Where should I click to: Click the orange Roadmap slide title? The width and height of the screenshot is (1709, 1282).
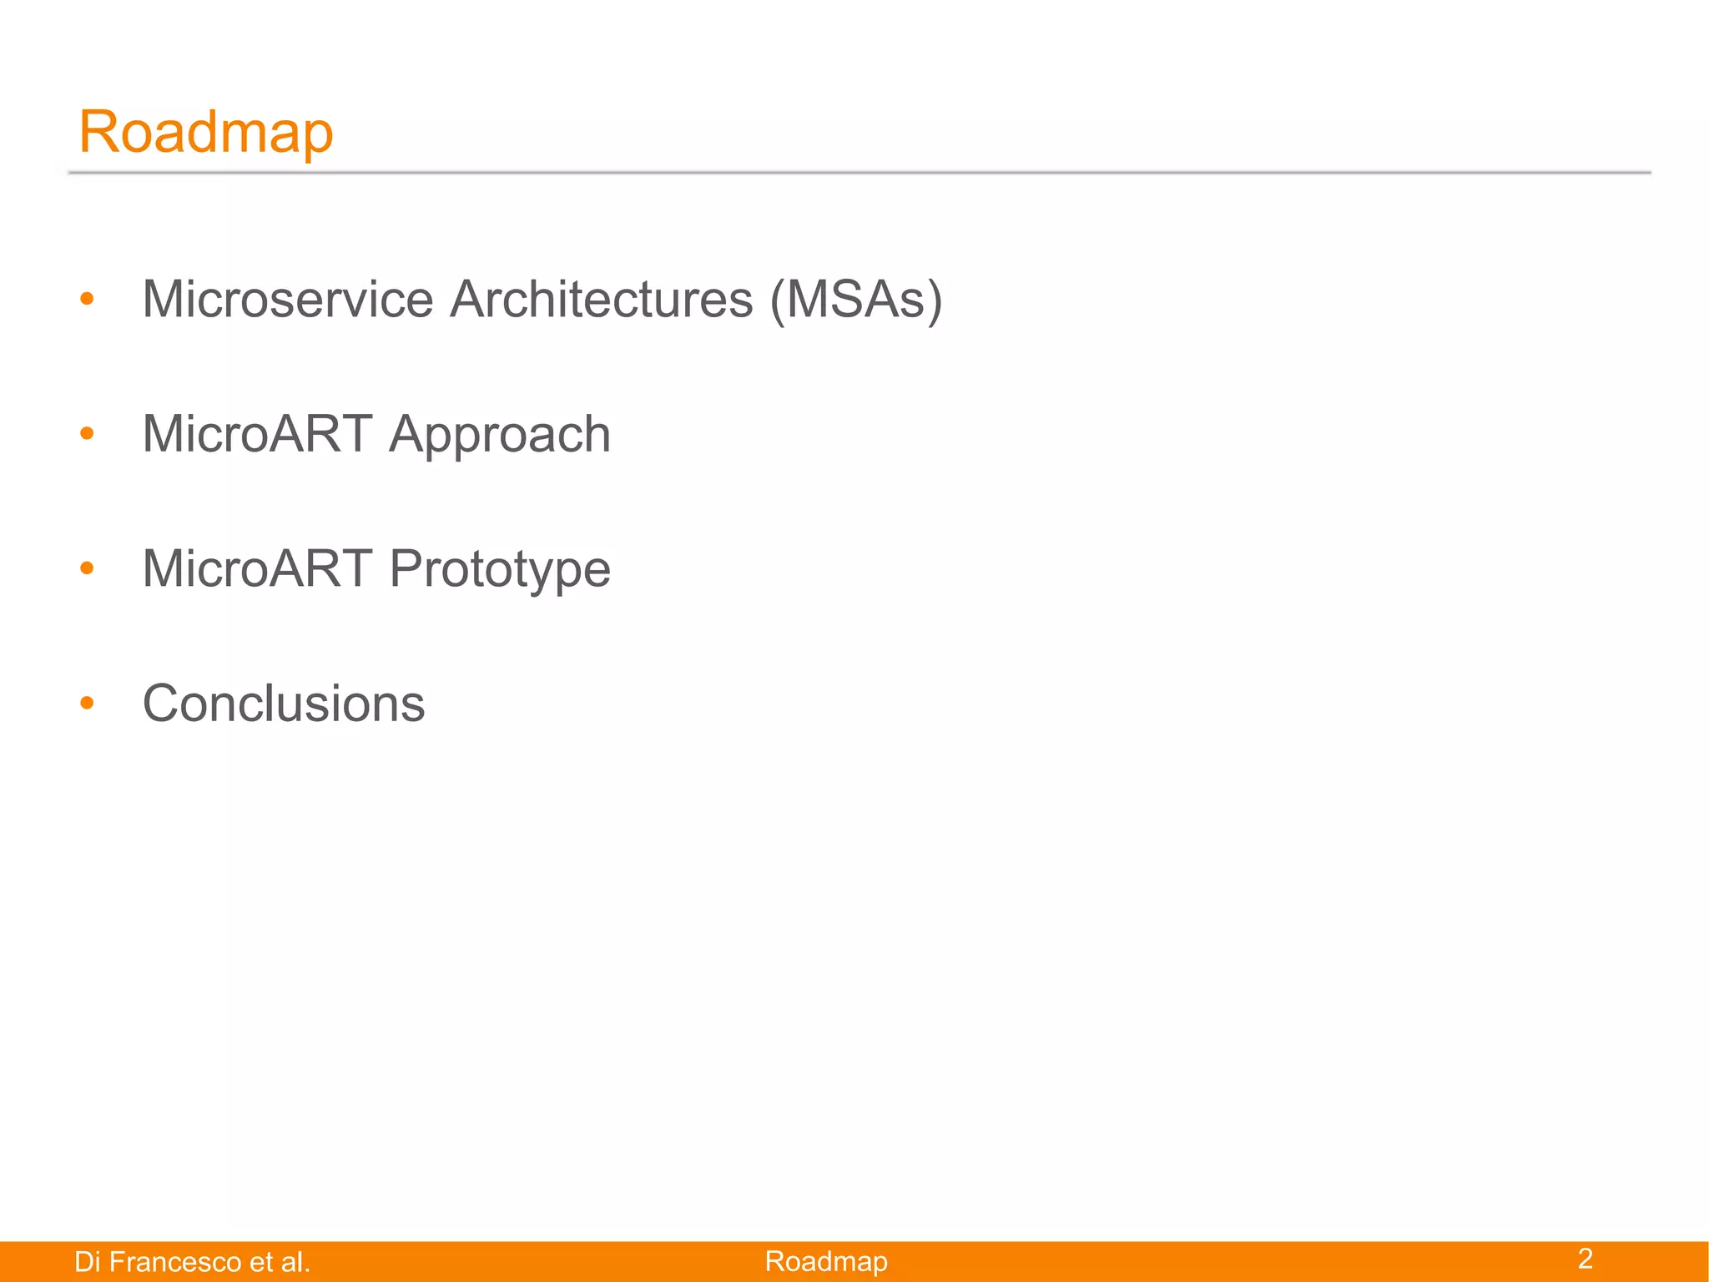pyautogui.click(x=205, y=132)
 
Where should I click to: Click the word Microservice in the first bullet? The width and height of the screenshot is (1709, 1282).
pyautogui.click(x=288, y=299)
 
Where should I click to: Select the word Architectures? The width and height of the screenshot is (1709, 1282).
pyautogui.click(x=601, y=299)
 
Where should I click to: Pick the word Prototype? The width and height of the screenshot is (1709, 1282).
pyautogui.click(x=500, y=570)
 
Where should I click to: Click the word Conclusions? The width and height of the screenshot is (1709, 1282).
pyautogui.click(x=284, y=703)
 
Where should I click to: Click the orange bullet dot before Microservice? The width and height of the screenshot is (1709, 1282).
pyautogui.click(x=87, y=299)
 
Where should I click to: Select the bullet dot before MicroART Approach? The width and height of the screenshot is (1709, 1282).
pyautogui.click(x=87, y=433)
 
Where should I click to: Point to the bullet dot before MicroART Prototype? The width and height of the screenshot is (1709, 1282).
pyautogui.click(x=87, y=568)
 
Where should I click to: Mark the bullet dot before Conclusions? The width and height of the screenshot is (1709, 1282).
pyautogui.click(x=87, y=703)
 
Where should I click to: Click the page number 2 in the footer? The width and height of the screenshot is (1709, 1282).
pyautogui.click(x=1585, y=1259)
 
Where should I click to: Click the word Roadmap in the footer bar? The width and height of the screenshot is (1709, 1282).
pyautogui.click(x=826, y=1261)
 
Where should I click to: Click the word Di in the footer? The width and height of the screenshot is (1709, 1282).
pyautogui.click(x=87, y=1262)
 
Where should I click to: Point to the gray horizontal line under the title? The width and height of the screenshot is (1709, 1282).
pyautogui.click(x=860, y=172)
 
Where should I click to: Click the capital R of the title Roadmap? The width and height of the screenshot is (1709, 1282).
pyautogui.click(x=96, y=132)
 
